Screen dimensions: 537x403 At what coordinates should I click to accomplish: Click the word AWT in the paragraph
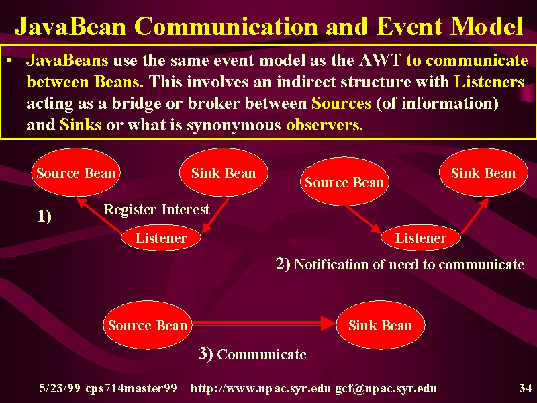click(x=381, y=60)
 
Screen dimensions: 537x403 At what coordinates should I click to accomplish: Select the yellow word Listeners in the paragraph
click(x=489, y=82)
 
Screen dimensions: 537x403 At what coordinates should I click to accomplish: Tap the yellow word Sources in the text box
click(x=341, y=103)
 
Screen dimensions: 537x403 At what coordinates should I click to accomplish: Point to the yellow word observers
click(x=324, y=125)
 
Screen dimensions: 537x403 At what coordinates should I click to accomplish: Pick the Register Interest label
click(x=156, y=209)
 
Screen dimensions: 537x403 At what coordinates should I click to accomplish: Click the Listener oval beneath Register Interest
click(x=161, y=238)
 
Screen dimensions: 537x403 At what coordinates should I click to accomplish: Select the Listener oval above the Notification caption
click(x=421, y=238)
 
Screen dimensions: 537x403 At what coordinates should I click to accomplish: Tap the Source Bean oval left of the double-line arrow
click(x=148, y=325)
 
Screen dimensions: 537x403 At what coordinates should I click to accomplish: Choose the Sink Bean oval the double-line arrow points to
click(x=381, y=325)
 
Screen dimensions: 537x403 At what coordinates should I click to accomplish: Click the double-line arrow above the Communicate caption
click(x=264, y=324)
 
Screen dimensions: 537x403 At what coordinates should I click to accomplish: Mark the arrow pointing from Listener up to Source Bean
click(x=99, y=216)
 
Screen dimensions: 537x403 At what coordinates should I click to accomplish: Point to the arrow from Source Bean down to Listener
click(x=364, y=220)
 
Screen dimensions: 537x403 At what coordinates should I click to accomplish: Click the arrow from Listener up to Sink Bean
click(x=475, y=216)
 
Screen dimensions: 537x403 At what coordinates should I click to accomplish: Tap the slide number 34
click(x=525, y=388)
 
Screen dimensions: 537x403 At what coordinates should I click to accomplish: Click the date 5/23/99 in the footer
click(x=60, y=388)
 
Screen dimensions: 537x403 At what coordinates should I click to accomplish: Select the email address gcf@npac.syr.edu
click(x=386, y=388)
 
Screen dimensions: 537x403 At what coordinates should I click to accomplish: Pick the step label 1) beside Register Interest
click(x=44, y=216)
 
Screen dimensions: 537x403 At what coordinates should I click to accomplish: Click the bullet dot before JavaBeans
click(x=9, y=61)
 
